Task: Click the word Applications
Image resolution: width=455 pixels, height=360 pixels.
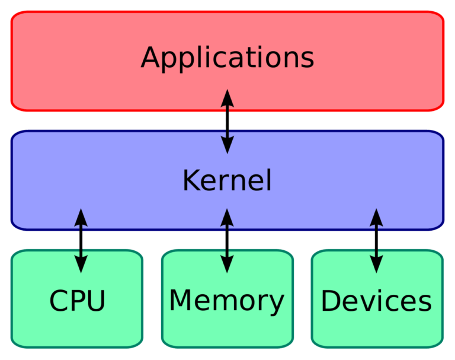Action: (x=227, y=58)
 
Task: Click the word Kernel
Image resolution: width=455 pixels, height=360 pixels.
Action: (x=227, y=180)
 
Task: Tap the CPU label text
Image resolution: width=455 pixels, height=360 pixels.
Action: (x=77, y=301)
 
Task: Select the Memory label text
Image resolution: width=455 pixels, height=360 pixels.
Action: (x=227, y=301)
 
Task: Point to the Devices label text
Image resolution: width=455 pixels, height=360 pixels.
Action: (x=376, y=301)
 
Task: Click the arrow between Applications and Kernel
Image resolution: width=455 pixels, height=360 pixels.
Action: (x=227, y=122)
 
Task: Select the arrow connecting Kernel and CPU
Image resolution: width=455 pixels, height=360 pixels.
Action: (x=81, y=240)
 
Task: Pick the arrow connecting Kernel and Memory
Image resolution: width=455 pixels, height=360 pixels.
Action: (x=227, y=240)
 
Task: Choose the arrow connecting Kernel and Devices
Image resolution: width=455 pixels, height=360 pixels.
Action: (x=376, y=240)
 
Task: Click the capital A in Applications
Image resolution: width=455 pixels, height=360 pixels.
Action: (x=150, y=58)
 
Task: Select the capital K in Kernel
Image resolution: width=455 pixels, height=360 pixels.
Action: (x=190, y=180)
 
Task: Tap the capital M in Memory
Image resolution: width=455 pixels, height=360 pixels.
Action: (x=181, y=300)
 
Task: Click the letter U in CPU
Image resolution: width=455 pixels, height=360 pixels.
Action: (x=94, y=301)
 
